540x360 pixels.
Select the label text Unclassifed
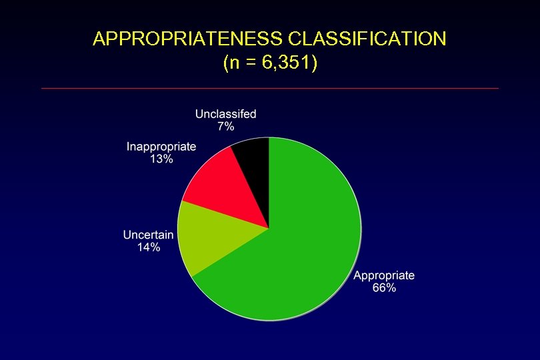tap(225, 114)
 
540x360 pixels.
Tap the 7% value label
tap(225, 127)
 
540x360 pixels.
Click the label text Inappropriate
tap(161, 147)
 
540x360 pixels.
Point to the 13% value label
tap(161, 159)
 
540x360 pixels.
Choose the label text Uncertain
tap(148, 235)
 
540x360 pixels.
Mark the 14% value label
tap(148, 247)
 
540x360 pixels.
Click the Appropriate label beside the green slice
tap(384, 275)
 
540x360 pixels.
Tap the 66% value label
tap(384, 288)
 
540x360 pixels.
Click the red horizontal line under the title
tap(270, 88)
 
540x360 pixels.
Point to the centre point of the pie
tap(269, 229)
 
